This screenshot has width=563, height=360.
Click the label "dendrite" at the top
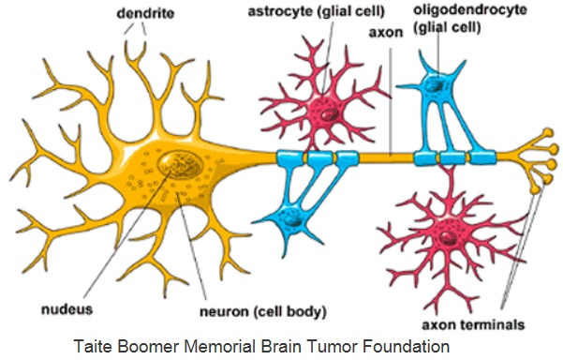pyautogui.click(x=144, y=13)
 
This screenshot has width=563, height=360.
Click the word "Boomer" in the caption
pyautogui.click(x=147, y=346)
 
